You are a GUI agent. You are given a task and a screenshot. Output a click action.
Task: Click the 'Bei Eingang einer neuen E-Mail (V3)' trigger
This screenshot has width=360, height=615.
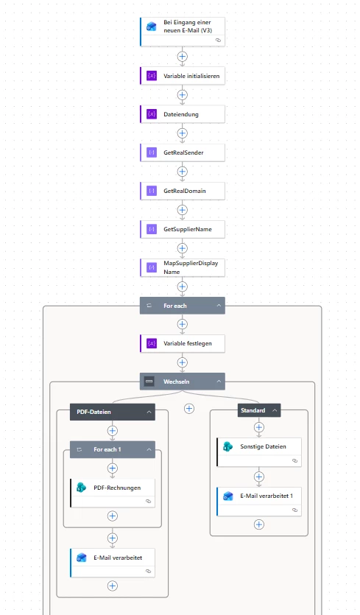pos(183,32)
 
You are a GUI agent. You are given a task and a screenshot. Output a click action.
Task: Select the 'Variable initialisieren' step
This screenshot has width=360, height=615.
pos(183,76)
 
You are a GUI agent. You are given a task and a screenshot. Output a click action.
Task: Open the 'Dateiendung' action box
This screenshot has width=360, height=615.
pos(183,114)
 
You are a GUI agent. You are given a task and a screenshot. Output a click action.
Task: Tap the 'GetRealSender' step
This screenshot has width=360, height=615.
pos(183,152)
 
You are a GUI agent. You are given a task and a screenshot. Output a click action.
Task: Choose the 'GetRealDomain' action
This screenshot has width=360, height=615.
pos(183,191)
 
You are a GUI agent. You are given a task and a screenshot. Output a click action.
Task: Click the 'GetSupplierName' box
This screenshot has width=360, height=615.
pos(183,229)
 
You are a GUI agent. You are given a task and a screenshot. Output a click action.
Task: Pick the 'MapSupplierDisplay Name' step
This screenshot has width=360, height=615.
pos(183,267)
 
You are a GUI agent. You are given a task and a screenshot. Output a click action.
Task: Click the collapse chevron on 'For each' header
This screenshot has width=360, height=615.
pos(219,306)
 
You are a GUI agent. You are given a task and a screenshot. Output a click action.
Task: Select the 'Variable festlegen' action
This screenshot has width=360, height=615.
pos(183,343)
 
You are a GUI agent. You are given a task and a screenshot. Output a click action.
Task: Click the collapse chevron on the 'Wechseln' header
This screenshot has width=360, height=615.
pos(219,382)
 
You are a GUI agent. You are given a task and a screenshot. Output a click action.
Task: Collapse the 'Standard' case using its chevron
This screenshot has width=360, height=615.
pos(275,410)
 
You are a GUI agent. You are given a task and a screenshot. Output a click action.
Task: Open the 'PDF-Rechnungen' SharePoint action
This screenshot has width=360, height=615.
pos(113,493)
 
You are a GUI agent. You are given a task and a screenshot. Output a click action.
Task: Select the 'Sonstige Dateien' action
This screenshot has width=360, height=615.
pos(259,451)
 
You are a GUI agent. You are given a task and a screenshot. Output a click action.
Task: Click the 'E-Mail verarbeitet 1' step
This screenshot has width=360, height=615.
pos(259,502)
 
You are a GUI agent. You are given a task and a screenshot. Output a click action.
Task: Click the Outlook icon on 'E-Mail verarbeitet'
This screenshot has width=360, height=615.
pos(81,558)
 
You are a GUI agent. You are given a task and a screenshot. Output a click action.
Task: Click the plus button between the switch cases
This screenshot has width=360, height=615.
pos(189,409)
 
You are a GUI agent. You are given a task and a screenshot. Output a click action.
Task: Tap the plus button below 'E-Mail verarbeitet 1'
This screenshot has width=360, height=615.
pos(259,524)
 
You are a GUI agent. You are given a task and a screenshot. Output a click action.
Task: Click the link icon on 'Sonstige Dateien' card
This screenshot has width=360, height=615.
pos(294,461)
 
